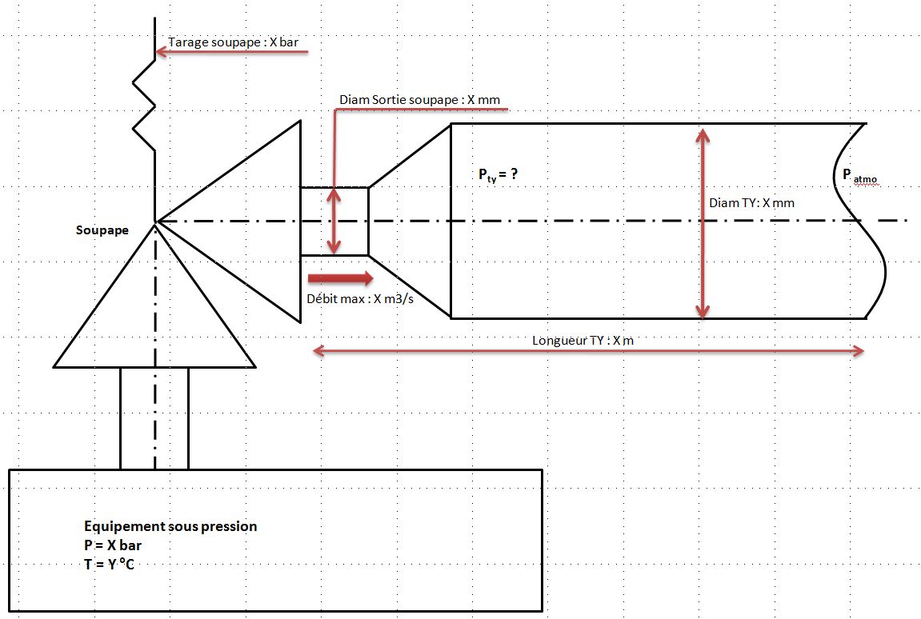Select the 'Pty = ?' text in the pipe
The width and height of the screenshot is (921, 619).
tap(499, 174)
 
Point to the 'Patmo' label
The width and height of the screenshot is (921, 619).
tap(859, 177)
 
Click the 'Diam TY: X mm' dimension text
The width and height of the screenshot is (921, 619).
tap(752, 203)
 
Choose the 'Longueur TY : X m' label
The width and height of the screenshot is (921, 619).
tap(583, 340)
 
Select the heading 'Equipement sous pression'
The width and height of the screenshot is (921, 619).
tap(170, 526)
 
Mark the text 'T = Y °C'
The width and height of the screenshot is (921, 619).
tap(115, 565)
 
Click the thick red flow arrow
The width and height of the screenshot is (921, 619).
tap(340, 278)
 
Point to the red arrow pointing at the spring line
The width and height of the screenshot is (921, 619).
tap(232, 53)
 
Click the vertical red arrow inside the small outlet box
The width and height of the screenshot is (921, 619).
tap(335, 221)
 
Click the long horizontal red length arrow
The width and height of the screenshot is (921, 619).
tap(588, 350)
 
